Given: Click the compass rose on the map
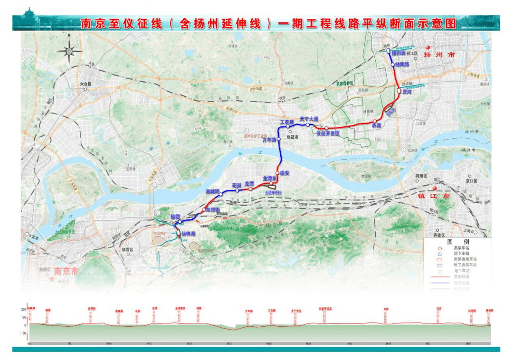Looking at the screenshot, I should [x=69, y=50].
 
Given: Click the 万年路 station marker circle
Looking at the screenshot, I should [x=279, y=139].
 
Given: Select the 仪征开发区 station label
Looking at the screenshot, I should [x=328, y=134].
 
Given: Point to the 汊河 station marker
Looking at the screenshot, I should [x=399, y=90].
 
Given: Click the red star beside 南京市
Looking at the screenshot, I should [x=52, y=279].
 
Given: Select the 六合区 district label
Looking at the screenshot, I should [x=86, y=84].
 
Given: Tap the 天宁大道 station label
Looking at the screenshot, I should [x=308, y=119].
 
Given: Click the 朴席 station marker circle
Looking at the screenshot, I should [x=375, y=121].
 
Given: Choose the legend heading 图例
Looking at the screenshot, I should [x=451, y=241].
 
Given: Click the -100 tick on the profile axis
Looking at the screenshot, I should [x=22, y=333].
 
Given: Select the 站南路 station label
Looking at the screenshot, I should [x=402, y=64].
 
